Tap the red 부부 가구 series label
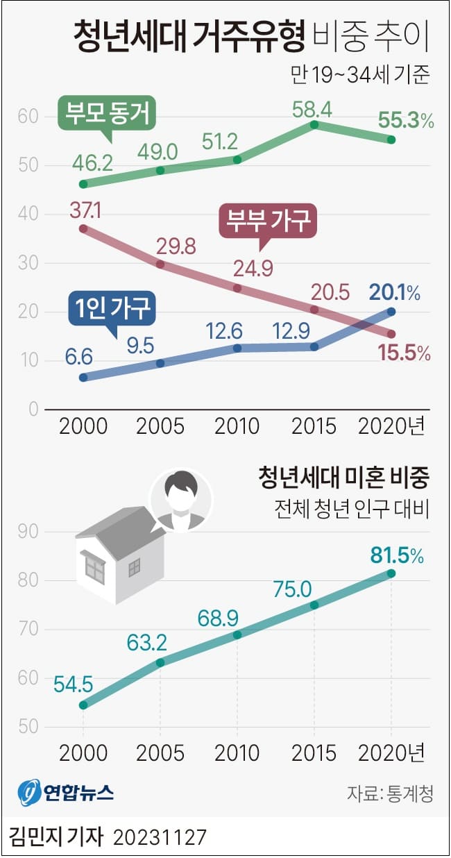click(267, 222)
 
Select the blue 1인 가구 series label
click(112, 308)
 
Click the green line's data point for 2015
click(314, 125)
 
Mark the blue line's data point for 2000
click(83, 378)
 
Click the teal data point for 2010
click(237, 634)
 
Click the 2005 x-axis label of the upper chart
click(160, 426)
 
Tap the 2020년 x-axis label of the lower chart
click(391, 752)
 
